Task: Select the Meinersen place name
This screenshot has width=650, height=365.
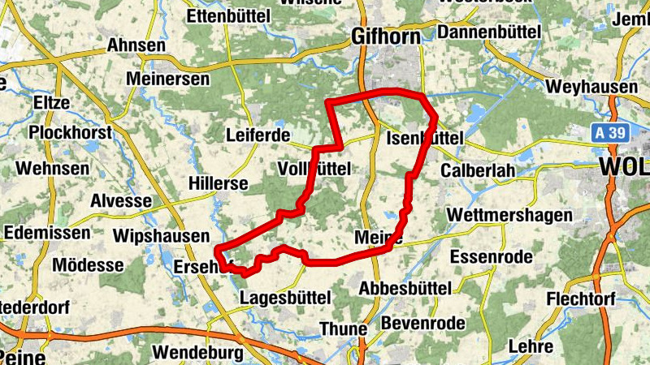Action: click(x=168, y=79)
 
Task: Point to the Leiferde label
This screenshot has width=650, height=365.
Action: click(x=258, y=135)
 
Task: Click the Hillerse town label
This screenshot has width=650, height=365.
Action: click(x=218, y=183)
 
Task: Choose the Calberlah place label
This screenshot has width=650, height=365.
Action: click(x=479, y=171)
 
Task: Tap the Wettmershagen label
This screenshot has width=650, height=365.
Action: click(x=510, y=216)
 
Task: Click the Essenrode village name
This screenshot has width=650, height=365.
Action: click(x=491, y=257)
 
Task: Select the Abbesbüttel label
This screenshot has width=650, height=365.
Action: click(x=405, y=288)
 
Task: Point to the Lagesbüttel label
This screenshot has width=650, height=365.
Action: click(x=285, y=298)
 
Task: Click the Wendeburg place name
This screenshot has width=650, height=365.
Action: click(x=197, y=353)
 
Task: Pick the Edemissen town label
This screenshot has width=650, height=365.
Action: click(x=47, y=233)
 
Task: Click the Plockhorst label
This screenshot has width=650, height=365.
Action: click(x=68, y=132)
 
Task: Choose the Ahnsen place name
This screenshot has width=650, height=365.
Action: click(x=136, y=45)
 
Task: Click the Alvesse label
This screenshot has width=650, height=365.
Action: click(x=121, y=200)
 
